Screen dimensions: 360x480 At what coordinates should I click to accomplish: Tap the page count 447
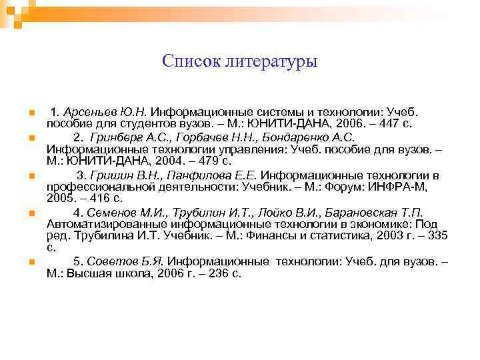click(389, 124)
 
